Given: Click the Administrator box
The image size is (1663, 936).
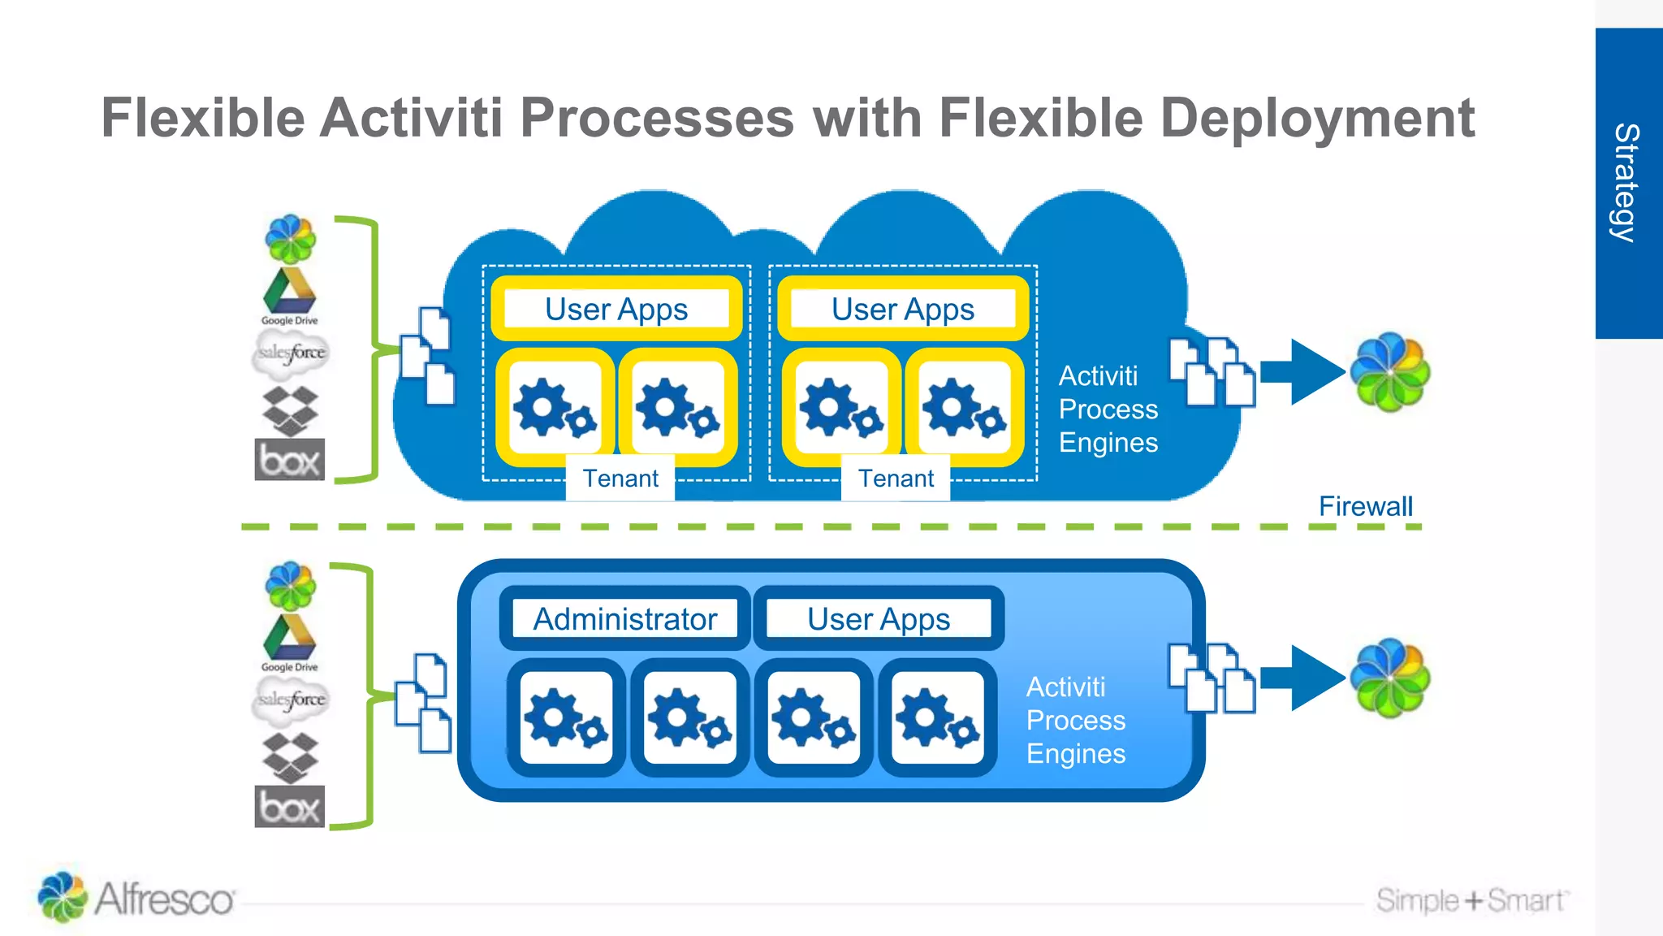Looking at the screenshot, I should click(624, 619).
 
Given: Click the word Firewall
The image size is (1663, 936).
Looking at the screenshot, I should click(1365, 506).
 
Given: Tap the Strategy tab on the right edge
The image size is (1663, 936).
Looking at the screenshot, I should click(1627, 183).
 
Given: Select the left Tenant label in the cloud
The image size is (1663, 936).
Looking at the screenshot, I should click(620, 479).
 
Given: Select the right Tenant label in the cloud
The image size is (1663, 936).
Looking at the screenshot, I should click(896, 479).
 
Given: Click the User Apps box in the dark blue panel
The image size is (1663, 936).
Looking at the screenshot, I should click(879, 619).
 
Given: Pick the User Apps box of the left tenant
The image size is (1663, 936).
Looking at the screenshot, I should click(616, 310).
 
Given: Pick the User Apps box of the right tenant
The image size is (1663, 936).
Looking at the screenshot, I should click(903, 310).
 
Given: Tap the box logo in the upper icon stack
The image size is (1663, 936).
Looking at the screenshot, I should click(290, 460).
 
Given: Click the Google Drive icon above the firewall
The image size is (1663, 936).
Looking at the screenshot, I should click(290, 294).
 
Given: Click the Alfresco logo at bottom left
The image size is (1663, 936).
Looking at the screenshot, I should click(136, 898).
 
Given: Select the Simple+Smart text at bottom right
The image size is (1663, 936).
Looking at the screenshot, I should click(1471, 900).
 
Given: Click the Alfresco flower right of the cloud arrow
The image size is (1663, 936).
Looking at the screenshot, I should click(1390, 372).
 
